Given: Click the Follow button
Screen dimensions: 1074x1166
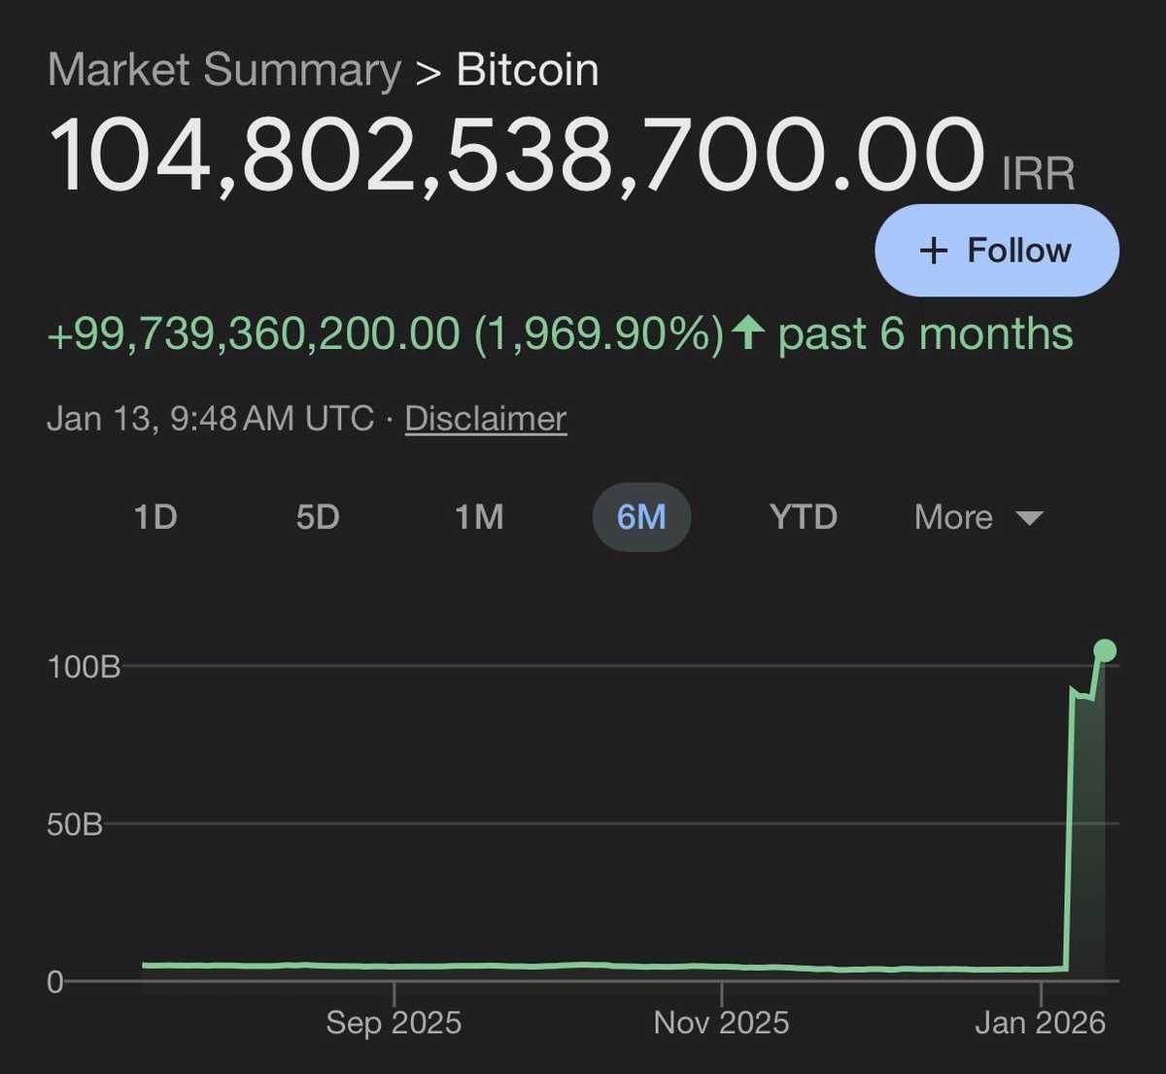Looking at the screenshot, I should coord(997,251).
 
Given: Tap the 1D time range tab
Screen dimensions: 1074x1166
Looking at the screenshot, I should coord(155,517).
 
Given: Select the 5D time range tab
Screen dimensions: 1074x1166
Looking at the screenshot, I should coord(318,517).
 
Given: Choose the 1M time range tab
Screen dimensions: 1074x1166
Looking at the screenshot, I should coord(479,517).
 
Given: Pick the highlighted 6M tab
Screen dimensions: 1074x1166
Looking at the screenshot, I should coord(641,517).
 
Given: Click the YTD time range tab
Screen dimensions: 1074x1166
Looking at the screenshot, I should coord(803,517).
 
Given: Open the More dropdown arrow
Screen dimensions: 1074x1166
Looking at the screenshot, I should coord(1029,518).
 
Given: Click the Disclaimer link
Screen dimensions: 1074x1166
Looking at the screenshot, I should coord(486,419).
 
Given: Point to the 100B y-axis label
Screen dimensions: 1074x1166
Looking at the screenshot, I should coord(84,667).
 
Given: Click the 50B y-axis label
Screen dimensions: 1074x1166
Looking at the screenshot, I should coord(75,825).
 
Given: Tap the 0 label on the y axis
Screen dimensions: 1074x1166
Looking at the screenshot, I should coord(55,982).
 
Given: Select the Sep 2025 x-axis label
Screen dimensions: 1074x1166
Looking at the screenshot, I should coord(394,1022).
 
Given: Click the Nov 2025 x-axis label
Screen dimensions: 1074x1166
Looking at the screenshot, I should coord(721,1022).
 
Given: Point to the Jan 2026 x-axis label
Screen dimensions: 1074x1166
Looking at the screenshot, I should coord(1040,1022).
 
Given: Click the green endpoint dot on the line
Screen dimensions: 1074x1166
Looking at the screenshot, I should coord(1105,650).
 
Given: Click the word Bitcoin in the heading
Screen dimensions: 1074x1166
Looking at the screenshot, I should coord(528,70).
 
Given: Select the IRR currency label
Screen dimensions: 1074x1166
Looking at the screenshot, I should coord(1038,175).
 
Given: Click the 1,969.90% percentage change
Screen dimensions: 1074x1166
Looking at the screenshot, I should coord(599,334).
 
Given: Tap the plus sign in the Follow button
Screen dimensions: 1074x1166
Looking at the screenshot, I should coord(933,251).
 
